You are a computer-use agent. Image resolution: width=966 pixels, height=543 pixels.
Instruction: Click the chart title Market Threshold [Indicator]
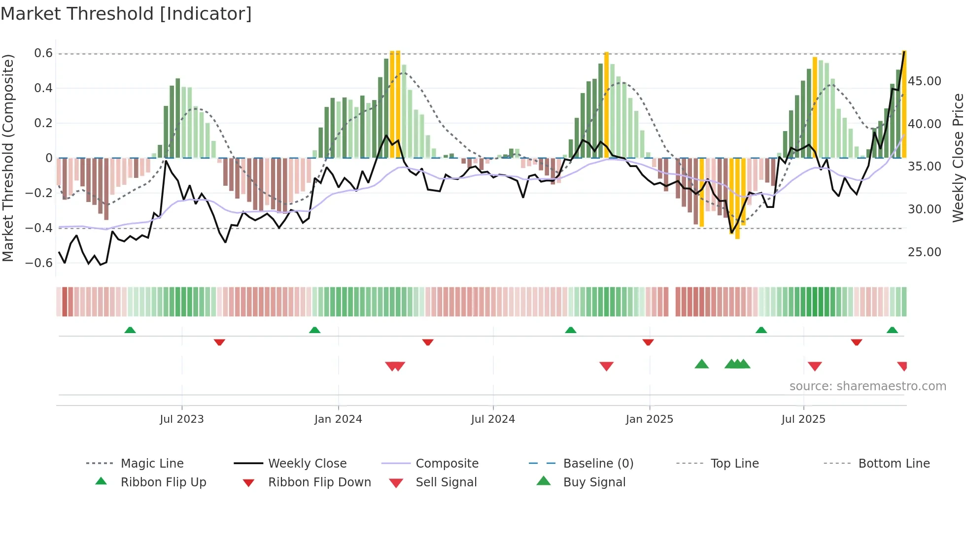coord(126,14)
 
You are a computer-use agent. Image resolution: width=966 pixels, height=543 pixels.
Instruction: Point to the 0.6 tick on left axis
coord(43,53)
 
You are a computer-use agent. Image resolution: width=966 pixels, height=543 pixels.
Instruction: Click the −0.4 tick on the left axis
coord(39,228)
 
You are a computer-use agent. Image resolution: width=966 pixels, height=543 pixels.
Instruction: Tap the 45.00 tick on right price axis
coord(924,81)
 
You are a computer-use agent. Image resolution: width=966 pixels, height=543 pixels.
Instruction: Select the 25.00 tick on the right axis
coord(924,252)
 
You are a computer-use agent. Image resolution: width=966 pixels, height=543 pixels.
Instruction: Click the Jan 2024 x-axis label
coord(338,419)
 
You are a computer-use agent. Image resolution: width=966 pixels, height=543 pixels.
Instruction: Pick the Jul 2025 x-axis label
coord(803,419)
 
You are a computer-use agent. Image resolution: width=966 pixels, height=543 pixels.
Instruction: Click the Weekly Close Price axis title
coord(957,158)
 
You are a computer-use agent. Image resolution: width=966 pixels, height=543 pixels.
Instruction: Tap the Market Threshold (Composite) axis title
coord(8,158)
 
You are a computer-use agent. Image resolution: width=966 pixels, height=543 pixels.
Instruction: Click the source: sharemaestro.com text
coord(867,386)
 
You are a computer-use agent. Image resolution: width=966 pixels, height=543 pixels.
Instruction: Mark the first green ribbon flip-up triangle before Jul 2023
coord(130,330)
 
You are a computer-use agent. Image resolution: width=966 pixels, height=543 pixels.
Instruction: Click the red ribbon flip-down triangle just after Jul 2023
coord(219,342)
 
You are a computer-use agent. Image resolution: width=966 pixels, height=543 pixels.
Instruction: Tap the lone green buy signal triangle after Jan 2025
coord(701,364)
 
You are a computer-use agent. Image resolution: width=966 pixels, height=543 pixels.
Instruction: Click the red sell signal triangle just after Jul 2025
coord(815,366)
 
